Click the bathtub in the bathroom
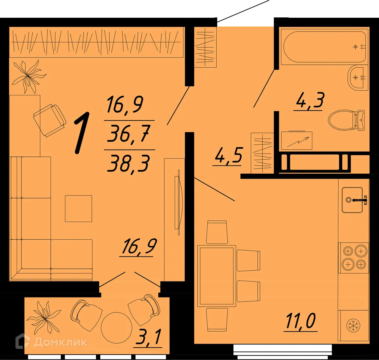click(324, 47)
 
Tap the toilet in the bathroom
click(346, 120)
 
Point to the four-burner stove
click(354, 258)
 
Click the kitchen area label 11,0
click(300, 322)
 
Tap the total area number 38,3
click(128, 164)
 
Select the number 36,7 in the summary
click(128, 135)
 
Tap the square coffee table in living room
click(78, 208)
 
